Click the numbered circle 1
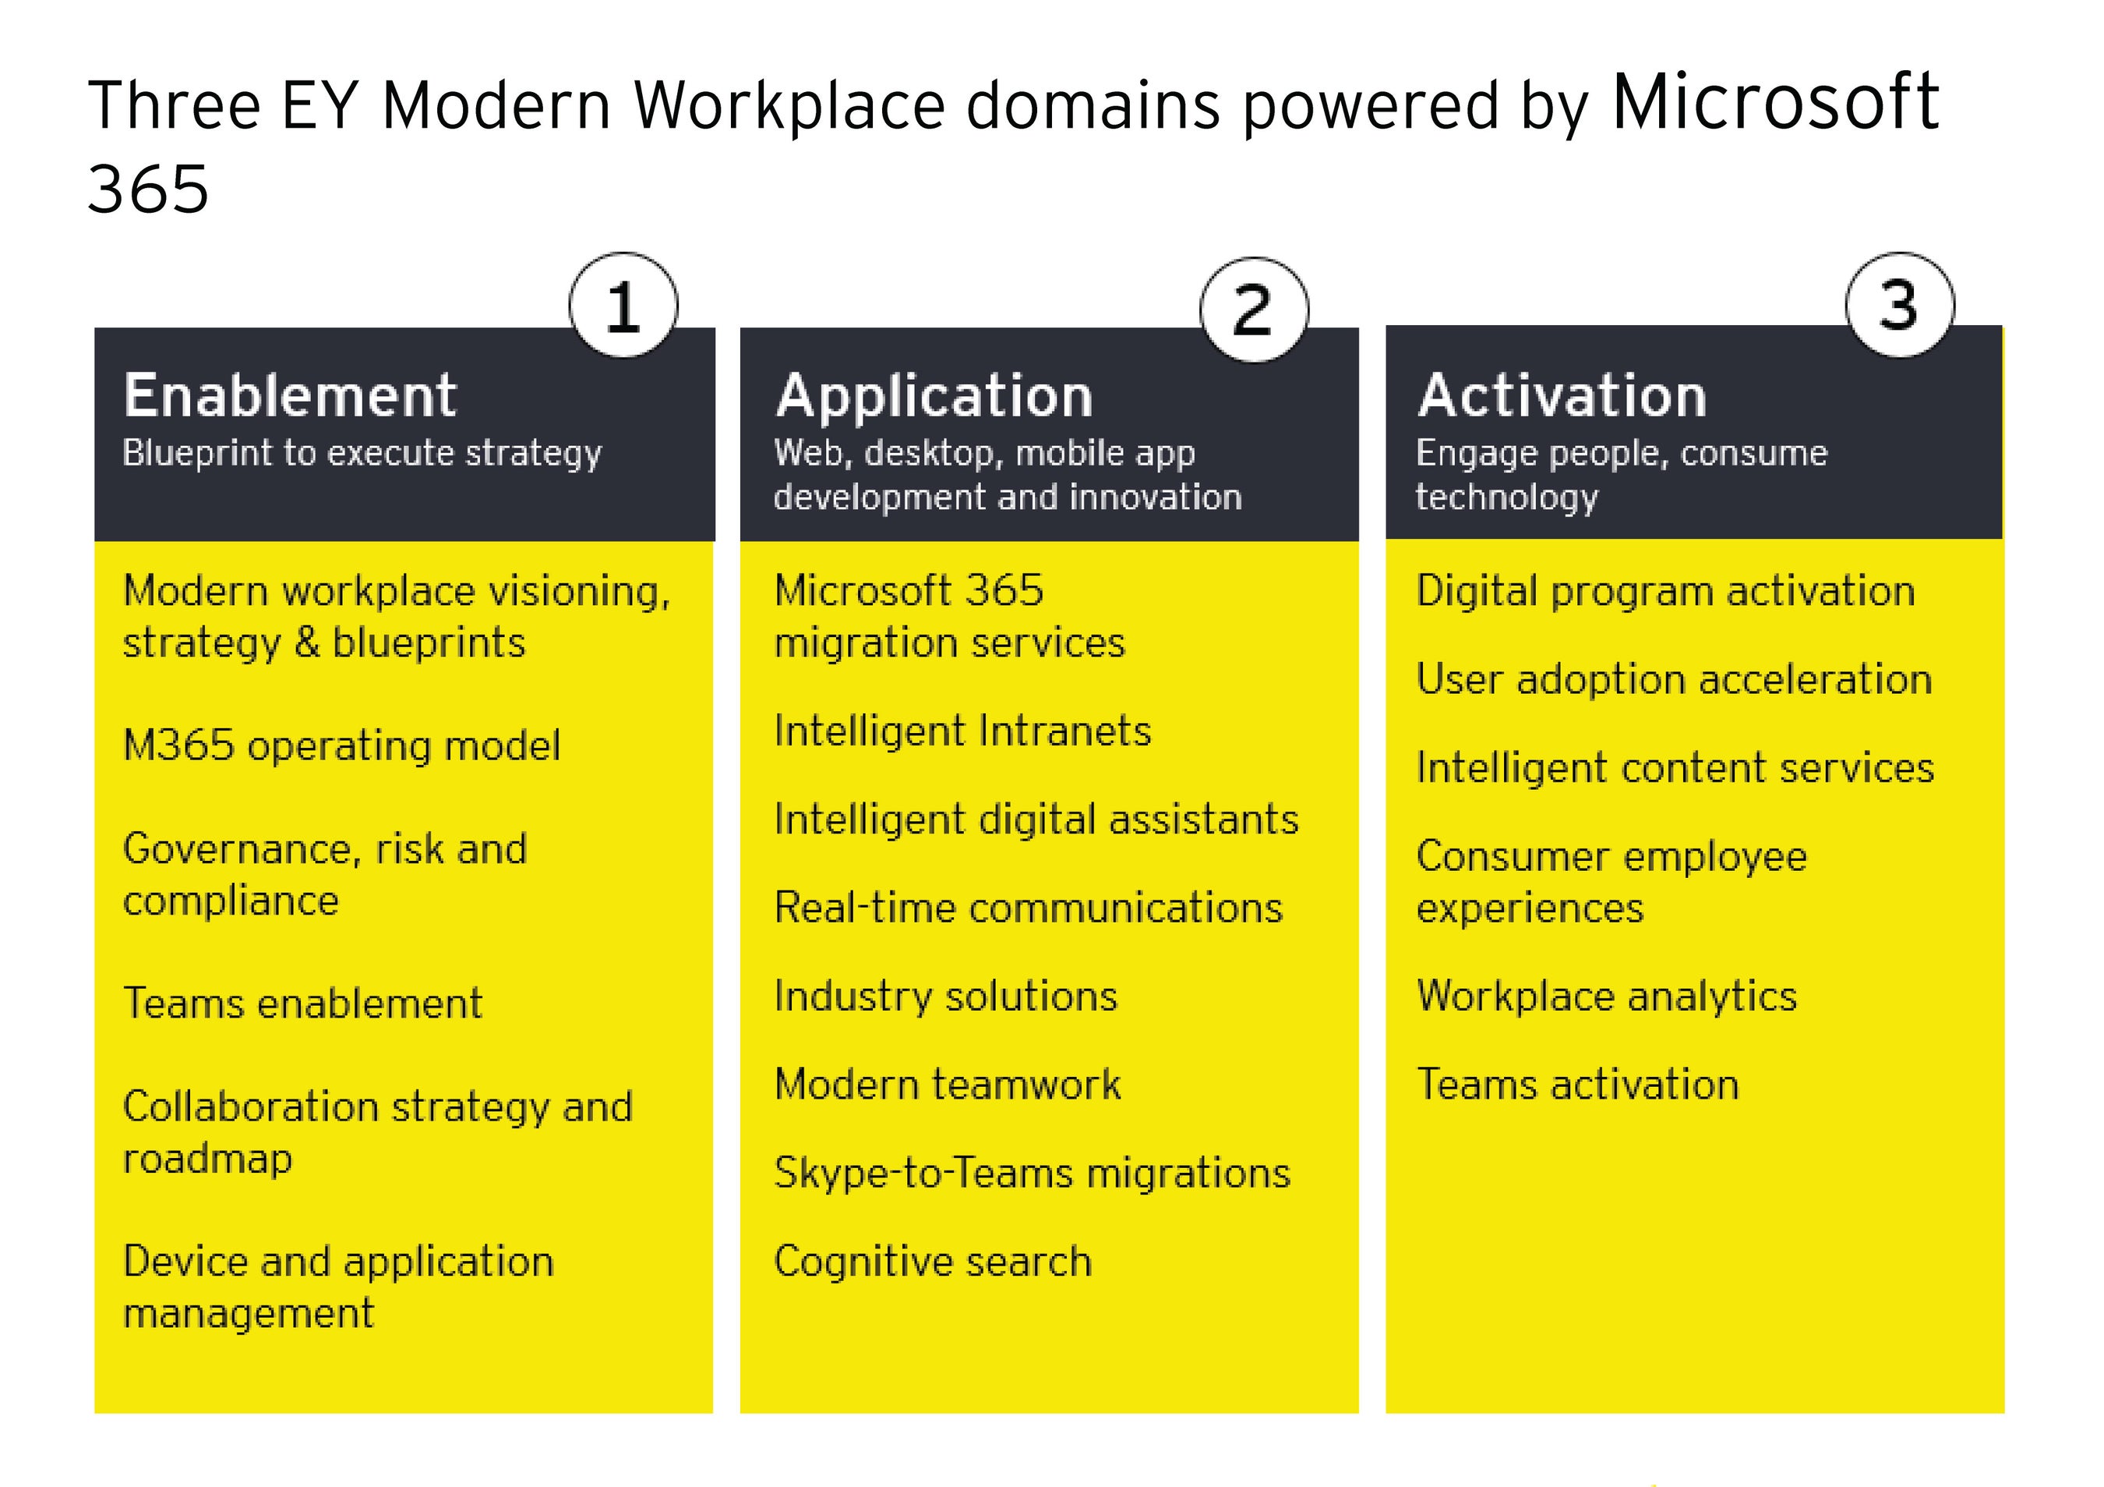[623, 306]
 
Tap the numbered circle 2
[1254, 310]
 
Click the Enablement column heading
[290, 395]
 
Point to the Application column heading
[934, 396]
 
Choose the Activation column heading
[1562, 395]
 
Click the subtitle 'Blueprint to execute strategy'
[362, 453]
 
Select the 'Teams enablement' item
[302, 1003]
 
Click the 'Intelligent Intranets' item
[962, 731]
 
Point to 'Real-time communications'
[1028, 908]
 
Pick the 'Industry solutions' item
[946, 997]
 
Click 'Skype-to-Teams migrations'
[1032, 1174]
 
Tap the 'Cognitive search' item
[933, 1262]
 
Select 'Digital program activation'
[1665, 591]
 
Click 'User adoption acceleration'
[1673, 679]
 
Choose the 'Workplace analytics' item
[1606, 997]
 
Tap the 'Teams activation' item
[1577, 1085]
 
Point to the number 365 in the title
[149, 189]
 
